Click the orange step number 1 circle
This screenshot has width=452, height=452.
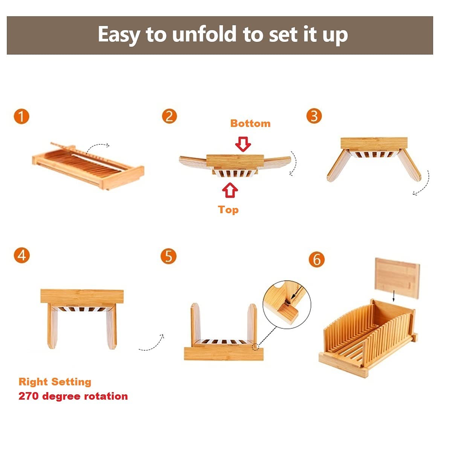(x=21, y=116)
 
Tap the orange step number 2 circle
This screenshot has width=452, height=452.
(x=169, y=116)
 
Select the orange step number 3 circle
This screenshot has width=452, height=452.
(x=314, y=116)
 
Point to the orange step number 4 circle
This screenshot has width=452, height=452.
(x=21, y=255)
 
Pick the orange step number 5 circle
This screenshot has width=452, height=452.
(x=168, y=256)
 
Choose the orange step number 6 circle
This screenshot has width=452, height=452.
(x=317, y=260)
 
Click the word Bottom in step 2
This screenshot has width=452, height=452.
(x=250, y=124)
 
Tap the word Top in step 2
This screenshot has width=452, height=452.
(x=228, y=210)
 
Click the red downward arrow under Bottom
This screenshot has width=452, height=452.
(x=243, y=144)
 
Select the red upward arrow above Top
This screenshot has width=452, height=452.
(x=230, y=190)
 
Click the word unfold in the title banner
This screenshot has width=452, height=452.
(x=204, y=34)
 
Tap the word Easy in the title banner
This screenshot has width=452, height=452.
(x=119, y=35)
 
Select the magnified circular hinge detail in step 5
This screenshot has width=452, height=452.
(x=287, y=305)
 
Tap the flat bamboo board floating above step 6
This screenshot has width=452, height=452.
(x=397, y=278)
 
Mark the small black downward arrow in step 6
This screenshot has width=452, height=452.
(x=394, y=296)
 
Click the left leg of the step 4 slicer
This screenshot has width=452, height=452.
(x=52, y=326)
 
